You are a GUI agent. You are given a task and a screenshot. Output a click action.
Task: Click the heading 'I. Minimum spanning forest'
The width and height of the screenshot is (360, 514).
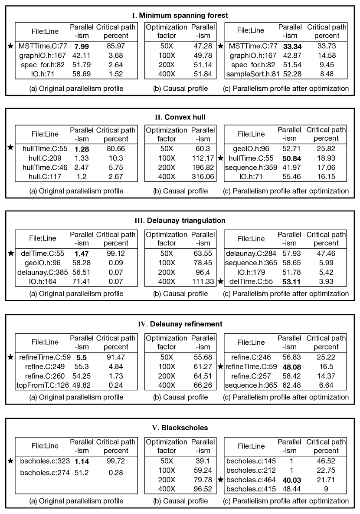pyautogui.click(x=180, y=15)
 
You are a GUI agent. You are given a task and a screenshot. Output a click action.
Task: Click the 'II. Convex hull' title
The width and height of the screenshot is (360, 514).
pyautogui.click(x=180, y=117)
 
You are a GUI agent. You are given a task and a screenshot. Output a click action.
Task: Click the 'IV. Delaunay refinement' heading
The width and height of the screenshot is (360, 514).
pyautogui.click(x=180, y=323)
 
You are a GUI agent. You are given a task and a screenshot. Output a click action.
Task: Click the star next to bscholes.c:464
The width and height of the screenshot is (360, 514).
pyautogui.click(x=220, y=480)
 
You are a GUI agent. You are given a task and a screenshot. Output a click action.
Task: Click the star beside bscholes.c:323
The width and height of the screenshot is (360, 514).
pyautogui.click(x=10, y=460)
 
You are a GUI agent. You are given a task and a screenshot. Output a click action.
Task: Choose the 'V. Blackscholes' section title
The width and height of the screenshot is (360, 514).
pyautogui.click(x=180, y=428)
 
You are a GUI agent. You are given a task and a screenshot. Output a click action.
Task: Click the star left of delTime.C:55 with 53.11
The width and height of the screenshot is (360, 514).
pyautogui.click(x=220, y=281)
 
